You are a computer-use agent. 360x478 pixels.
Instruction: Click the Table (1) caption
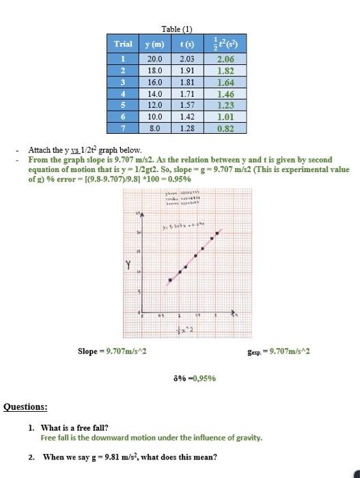coord(177,29)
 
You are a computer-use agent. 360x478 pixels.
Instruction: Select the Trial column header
coord(123,44)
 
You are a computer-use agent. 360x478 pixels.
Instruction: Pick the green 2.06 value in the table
coord(225,59)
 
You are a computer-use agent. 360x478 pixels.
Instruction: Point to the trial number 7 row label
coord(123,128)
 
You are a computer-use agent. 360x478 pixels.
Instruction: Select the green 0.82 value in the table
coord(225,128)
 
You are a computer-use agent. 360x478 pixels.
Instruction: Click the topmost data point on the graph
coord(218,233)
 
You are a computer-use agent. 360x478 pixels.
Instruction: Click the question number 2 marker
coord(32,457)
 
